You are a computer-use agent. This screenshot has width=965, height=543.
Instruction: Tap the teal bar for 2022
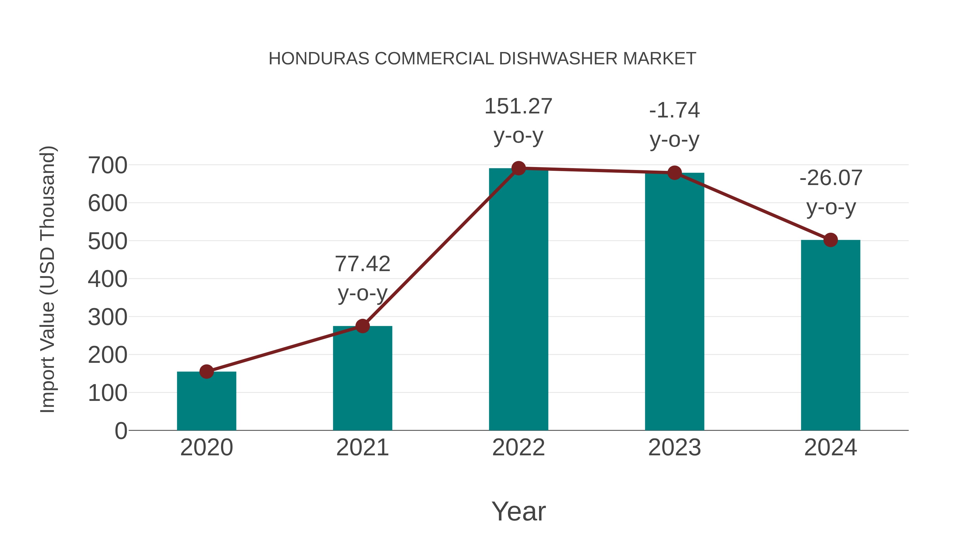[x=518, y=300]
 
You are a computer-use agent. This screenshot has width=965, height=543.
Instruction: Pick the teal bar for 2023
[x=674, y=302]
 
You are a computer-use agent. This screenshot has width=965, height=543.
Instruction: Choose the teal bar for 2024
[x=830, y=335]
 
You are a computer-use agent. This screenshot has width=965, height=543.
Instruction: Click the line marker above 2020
[x=206, y=372]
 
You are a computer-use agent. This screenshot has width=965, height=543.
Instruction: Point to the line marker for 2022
[x=518, y=168]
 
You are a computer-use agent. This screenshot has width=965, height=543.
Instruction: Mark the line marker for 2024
[x=830, y=240]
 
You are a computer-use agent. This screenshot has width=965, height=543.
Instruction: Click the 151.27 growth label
[x=518, y=106]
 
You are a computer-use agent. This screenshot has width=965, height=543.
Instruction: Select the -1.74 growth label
[x=674, y=110]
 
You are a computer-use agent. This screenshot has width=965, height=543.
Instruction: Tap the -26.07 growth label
[x=830, y=178]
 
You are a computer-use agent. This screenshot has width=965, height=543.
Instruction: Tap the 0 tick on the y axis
[x=121, y=431]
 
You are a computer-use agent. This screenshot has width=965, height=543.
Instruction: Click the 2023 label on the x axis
[x=674, y=448]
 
